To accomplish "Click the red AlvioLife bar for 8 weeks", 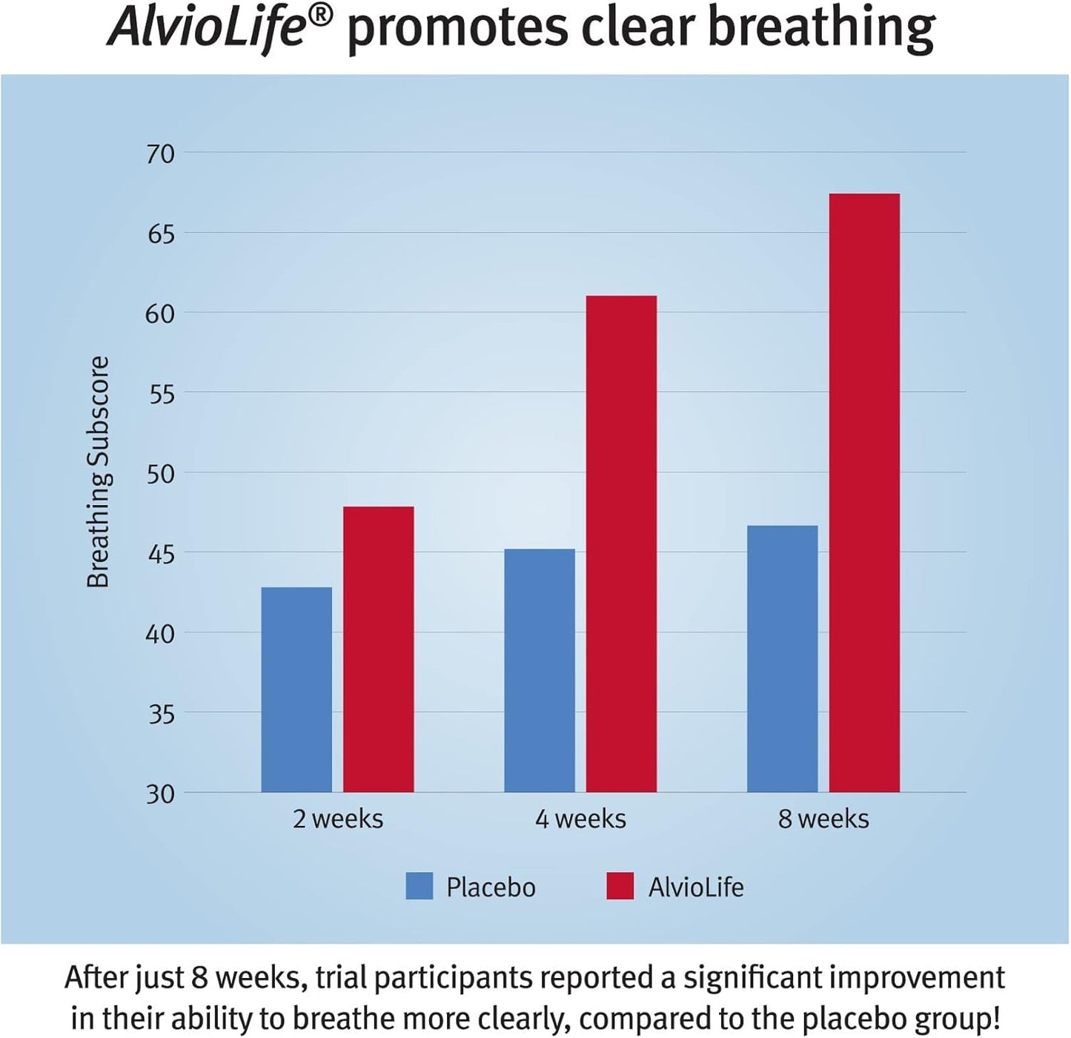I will (x=863, y=493).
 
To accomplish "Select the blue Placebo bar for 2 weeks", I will (x=296, y=690).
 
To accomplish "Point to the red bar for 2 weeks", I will (x=378, y=649).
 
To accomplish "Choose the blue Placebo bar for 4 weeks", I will (x=539, y=670).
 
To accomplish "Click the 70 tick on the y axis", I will (x=160, y=154).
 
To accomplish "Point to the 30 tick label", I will (x=160, y=794).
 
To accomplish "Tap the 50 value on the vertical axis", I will (x=160, y=474).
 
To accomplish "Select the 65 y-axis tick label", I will (x=160, y=234).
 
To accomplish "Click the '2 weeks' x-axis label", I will (x=338, y=819).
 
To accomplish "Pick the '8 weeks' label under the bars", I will (x=823, y=819).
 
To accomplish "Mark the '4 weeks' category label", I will (x=580, y=819).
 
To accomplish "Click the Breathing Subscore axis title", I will (x=98, y=472).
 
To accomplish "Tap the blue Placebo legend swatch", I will (x=419, y=886).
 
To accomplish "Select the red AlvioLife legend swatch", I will (x=620, y=886).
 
